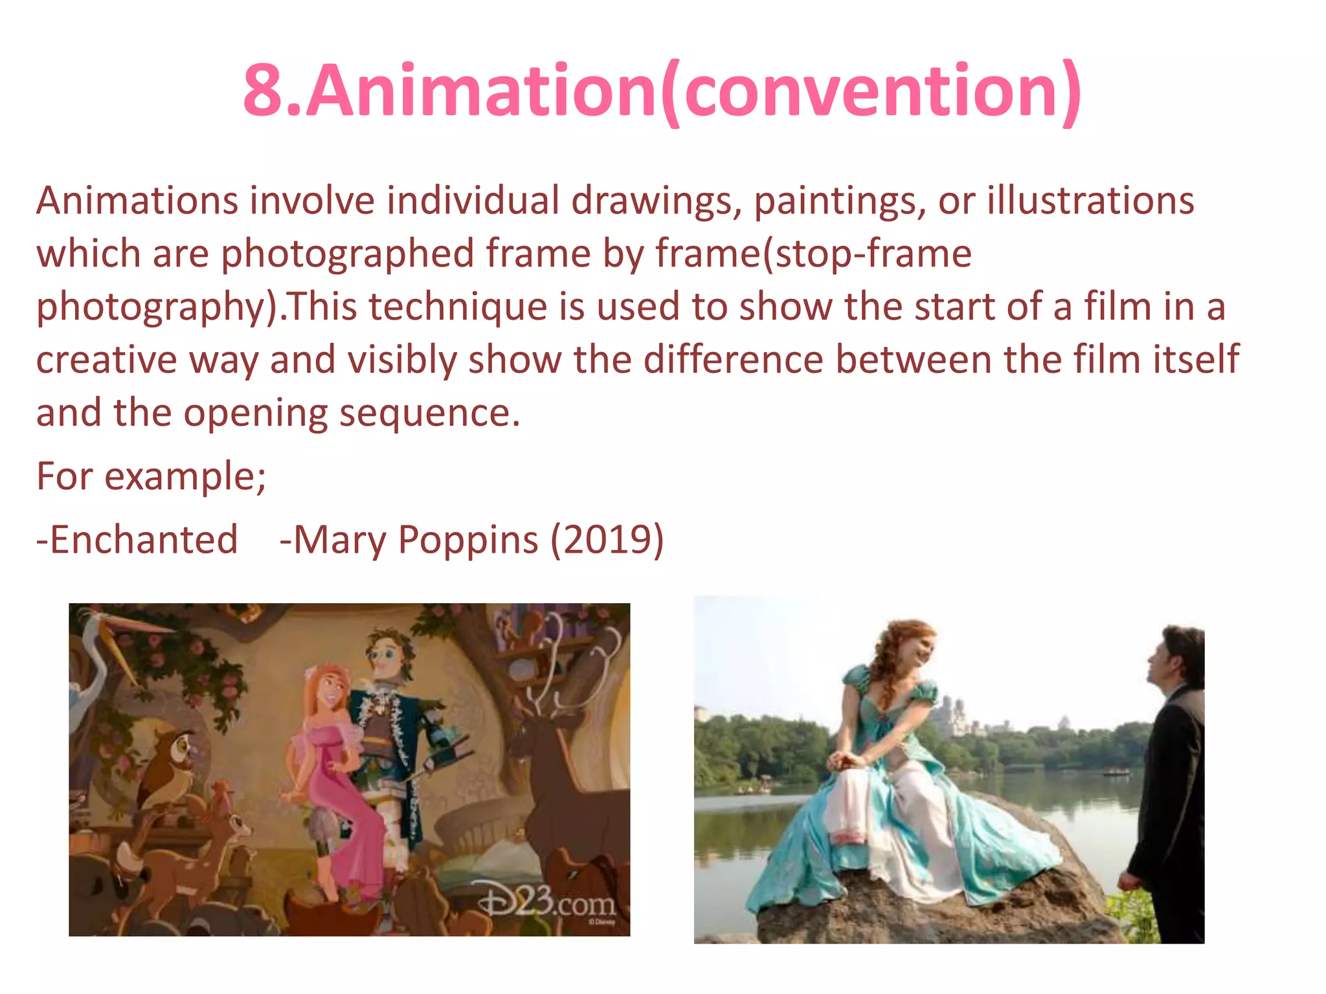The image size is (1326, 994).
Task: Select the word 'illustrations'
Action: pos(1090,200)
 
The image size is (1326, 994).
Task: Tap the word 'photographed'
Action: pos(348,254)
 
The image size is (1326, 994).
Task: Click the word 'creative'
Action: pos(106,360)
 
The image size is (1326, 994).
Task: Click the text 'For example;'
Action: pos(151,476)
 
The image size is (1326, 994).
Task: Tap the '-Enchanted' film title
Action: pos(137,540)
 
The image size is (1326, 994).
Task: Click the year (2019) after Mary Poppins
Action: pos(607,540)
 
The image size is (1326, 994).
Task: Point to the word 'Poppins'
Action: pos(468,541)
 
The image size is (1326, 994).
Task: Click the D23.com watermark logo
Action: pos(547,901)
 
